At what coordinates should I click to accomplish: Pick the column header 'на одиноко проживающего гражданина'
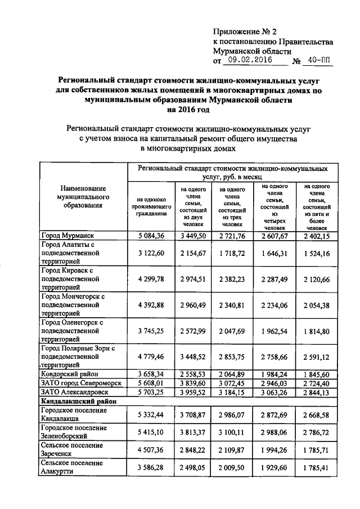click(148, 206)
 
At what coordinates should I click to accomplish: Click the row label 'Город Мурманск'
click(67, 235)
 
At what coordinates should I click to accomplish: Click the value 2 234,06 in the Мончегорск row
click(274, 306)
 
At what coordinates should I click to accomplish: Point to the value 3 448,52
click(191, 358)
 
